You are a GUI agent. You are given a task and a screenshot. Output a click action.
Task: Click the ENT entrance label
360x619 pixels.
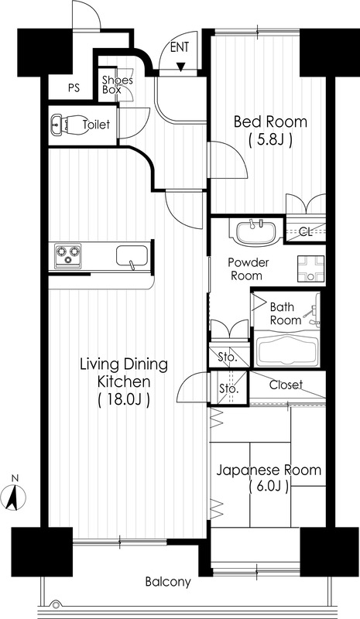point(180,47)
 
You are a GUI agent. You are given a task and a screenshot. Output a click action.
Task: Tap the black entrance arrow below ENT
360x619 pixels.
point(180,67)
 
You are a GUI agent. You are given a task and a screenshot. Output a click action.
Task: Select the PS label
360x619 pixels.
point(74,87)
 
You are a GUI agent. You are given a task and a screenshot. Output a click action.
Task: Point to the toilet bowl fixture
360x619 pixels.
point(70,125)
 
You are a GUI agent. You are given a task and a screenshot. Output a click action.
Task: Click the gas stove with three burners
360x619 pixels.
point(67,255)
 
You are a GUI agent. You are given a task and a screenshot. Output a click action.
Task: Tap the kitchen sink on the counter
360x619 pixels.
point(132,256)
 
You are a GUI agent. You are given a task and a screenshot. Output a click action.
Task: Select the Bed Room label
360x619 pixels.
point(270,121)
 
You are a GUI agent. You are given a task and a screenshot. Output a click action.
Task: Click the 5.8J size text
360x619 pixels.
point(271,140)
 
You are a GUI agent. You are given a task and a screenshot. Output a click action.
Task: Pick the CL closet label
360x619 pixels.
point(305,231)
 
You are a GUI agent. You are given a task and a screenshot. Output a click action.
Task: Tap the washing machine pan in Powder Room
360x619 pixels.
point(310,268)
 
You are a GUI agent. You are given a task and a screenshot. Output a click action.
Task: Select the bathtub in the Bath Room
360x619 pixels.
point(287,351)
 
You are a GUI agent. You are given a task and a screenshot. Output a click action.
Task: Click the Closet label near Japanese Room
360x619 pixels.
point(286,385)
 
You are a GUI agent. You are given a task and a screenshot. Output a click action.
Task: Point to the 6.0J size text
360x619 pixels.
point(269,487)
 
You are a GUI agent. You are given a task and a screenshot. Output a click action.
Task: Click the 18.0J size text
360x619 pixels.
point(124,399)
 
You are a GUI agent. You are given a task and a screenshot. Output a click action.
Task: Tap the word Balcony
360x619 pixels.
point(168,582)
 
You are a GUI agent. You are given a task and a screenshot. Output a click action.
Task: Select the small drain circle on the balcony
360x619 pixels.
point(56,604)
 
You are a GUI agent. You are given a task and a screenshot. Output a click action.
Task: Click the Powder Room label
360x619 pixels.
point(248,268)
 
